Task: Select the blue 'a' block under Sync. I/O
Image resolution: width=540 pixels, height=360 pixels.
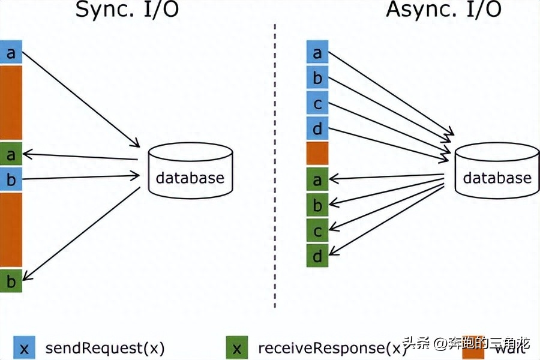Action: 11,53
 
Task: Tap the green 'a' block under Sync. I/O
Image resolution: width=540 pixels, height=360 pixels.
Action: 11,155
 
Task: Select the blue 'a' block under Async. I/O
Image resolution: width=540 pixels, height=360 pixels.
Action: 317,53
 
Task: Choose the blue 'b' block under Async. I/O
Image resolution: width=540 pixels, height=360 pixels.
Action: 317,78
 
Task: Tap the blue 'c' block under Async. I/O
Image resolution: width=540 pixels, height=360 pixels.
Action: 317,103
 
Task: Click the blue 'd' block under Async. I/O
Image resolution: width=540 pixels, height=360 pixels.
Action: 317,128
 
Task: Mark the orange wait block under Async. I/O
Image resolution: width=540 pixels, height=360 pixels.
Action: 317,154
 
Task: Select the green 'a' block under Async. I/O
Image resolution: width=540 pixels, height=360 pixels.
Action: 317,179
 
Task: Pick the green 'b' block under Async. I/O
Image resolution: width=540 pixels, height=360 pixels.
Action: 317,205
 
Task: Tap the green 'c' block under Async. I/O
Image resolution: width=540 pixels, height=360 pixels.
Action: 317,230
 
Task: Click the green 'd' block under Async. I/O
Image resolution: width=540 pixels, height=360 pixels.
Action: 317,256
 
